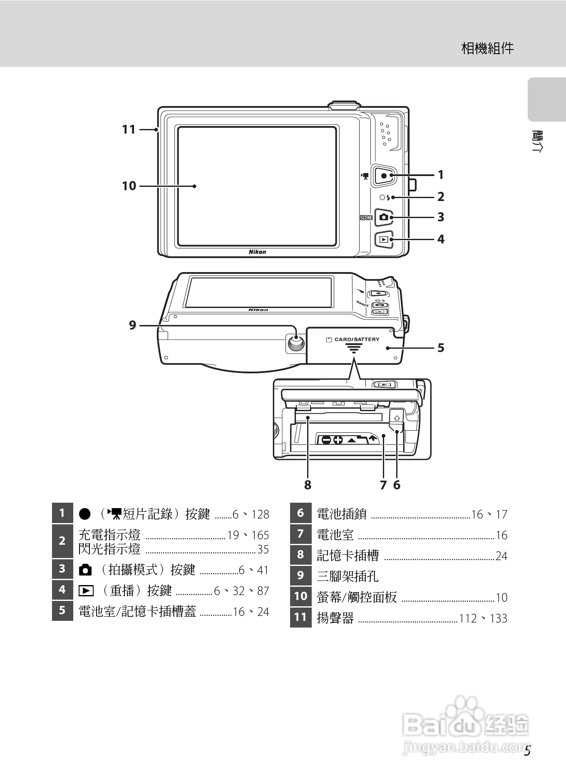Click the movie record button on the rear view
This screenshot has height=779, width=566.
384,175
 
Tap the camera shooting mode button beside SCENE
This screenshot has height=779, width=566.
384,217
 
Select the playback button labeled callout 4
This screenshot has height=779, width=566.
384,240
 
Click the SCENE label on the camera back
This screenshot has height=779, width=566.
366,217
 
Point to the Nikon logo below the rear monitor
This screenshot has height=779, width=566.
257,252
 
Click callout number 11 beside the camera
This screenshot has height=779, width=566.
129,130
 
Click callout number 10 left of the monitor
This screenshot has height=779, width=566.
129,186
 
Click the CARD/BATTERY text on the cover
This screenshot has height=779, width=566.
357,340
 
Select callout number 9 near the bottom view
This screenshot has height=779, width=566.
132,325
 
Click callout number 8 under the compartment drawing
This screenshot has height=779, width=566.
308,485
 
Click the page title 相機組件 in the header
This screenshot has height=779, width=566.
488,49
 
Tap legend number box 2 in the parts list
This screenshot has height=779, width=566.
62,541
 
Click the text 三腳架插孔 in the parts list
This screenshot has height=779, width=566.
348,576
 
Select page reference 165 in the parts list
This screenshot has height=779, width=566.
260,535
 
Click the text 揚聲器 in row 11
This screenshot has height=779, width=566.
335,618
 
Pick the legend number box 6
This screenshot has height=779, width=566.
300,513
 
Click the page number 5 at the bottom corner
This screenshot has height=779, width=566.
527,751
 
